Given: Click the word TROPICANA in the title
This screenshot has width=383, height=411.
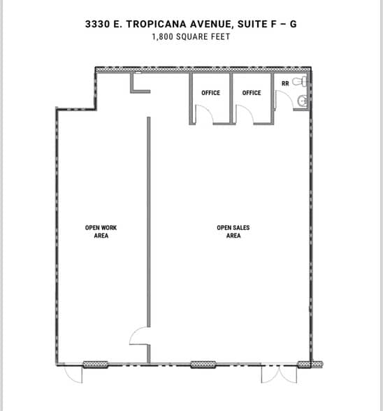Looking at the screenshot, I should click(158, 23).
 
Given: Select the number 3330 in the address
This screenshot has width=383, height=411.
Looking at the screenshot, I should click(97, 23).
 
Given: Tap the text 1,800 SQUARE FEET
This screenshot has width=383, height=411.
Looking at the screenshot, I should click(191, 36).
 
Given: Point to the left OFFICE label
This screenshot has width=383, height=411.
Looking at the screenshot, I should click(210, 93).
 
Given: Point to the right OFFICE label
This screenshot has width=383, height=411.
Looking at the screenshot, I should click(252, 93).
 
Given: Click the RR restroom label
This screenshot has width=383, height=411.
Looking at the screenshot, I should click(284, 84).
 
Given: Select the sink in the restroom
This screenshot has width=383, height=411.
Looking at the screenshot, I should click(303, 102).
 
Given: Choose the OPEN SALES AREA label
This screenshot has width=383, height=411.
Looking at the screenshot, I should click(233, 231).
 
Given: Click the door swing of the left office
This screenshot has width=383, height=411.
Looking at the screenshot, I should click(203, 115).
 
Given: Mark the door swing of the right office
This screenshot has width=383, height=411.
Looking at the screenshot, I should click(245, 115).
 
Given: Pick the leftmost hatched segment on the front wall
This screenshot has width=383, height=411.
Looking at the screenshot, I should click(95, 364).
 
